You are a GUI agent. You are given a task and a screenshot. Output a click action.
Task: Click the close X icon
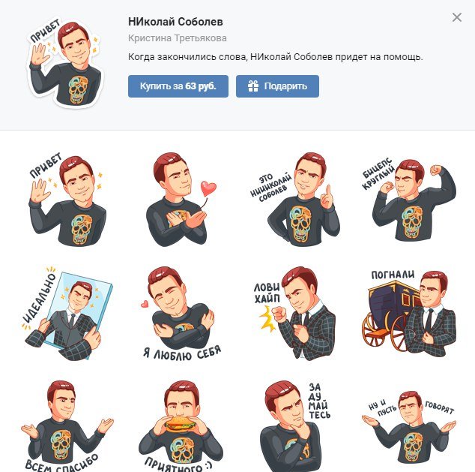click(x=457, y=17)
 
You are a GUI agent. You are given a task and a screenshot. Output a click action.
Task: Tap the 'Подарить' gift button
click(x=277, y=86)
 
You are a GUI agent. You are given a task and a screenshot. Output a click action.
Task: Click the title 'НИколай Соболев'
click(x=175, y=22)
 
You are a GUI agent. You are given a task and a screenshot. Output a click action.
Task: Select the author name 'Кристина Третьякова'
click(x=178, y=38)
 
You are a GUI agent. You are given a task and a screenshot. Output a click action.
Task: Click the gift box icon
click(x=253, y=86)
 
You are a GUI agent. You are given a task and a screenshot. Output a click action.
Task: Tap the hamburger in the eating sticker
click(x=181, y=424)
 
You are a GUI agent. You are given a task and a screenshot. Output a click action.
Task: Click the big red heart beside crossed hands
click(x=208, y=188)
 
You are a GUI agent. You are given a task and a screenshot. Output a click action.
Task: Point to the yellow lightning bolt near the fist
click(x=267, y=318)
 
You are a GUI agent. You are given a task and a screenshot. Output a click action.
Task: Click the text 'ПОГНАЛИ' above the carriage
click(x=393, y=275)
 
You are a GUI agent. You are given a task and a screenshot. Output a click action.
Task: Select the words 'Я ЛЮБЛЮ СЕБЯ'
click(x=182, y=353)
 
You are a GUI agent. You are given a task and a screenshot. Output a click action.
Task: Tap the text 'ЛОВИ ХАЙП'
click(x=267, y=293)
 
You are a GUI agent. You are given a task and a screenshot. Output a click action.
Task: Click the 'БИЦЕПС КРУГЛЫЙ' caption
click(x=378, y=174)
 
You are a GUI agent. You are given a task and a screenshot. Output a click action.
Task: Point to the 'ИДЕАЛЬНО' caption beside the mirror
click(x=39, y=298)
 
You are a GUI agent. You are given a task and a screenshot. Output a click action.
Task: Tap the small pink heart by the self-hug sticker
click(x=145, y=304)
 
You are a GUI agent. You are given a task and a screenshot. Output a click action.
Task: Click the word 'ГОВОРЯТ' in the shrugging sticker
click(x=440, y=407)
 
